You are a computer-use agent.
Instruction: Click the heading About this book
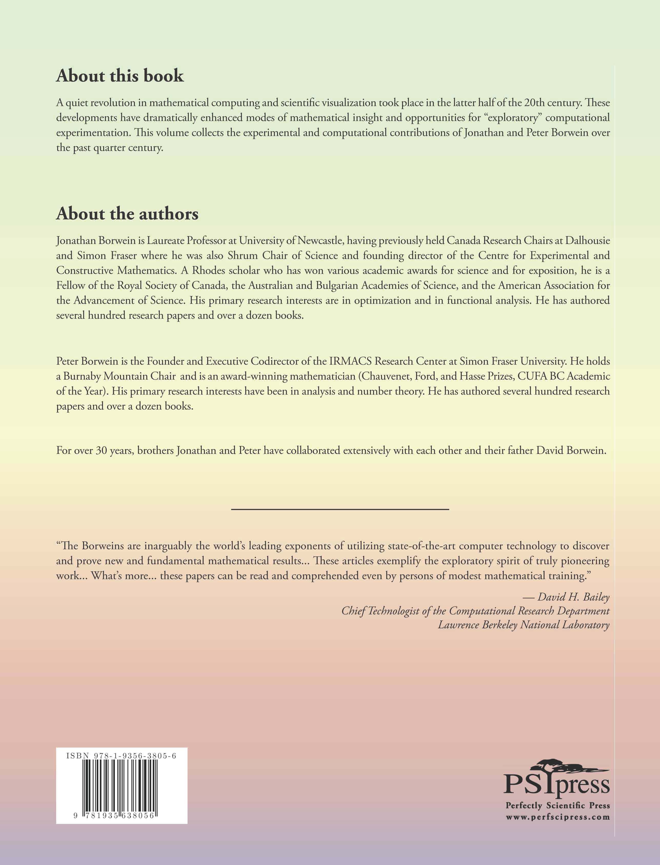pos(120,75)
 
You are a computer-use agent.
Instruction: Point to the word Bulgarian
pos(337,286)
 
